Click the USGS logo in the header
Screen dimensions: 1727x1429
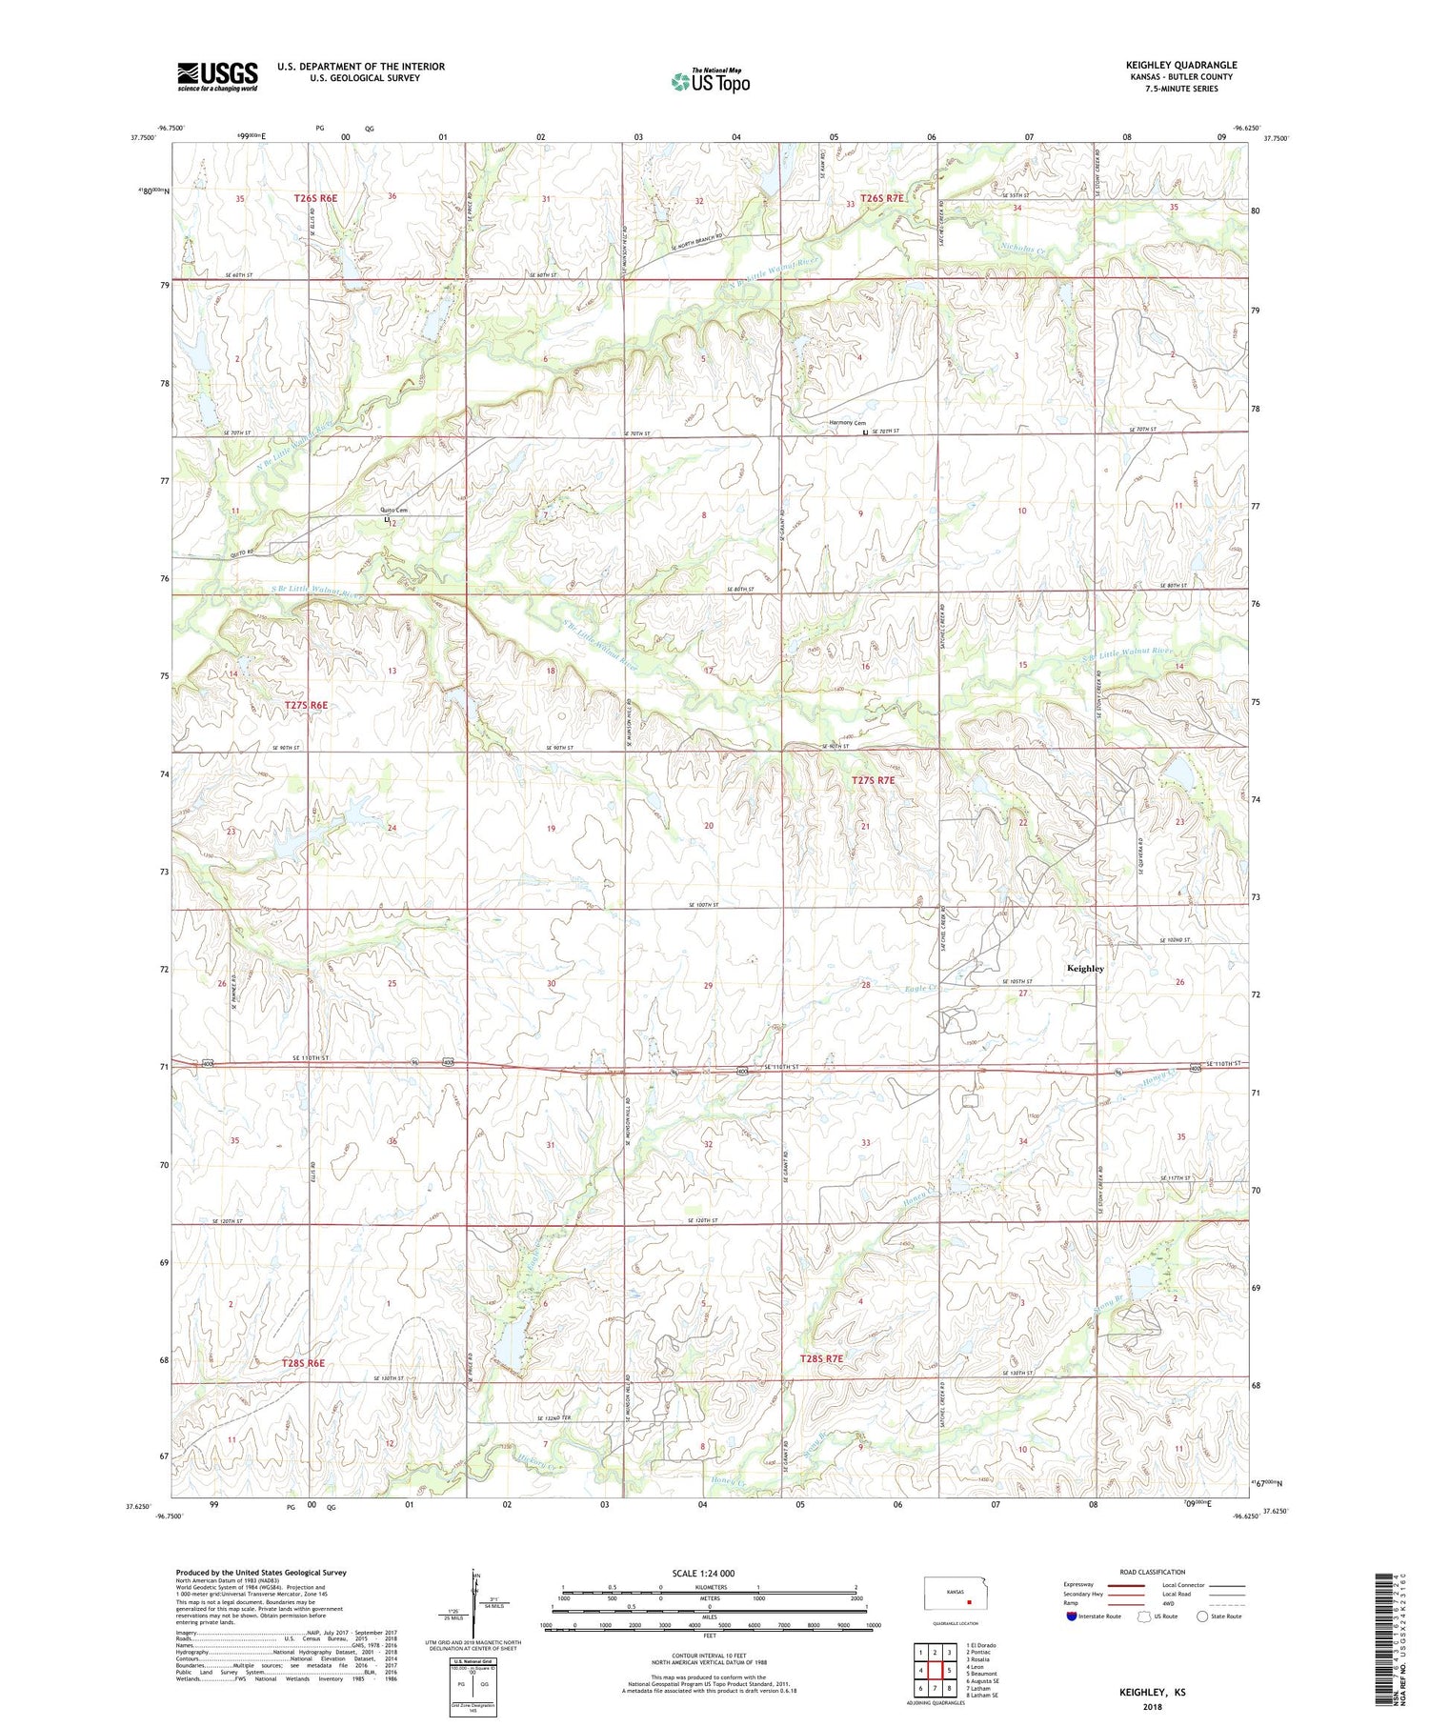coord(217,76)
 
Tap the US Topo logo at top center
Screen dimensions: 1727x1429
coord(710,82)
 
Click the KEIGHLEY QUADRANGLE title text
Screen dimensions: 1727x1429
coord(1180,65)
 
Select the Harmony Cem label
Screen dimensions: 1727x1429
coord(847,423)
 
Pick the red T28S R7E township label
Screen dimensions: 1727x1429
coord(820,1358)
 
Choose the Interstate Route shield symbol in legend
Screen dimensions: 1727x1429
coord(1072,1617)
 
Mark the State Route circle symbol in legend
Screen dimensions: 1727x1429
coord(1202,1617)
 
